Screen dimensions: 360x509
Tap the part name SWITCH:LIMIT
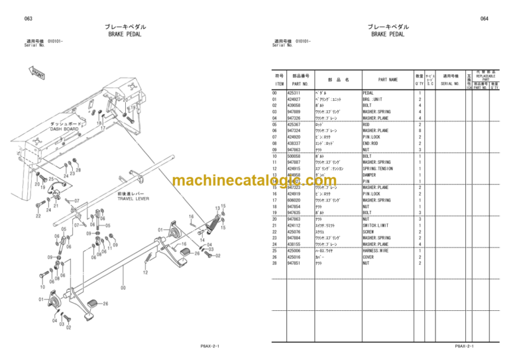[x=376, y=225]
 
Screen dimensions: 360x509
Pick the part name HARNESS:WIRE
[x=376, y=251]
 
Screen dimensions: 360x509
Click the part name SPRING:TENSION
[x=378, y=168]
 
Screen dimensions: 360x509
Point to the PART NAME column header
[x=388, y=80]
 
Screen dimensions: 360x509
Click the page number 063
[x=28, y=19]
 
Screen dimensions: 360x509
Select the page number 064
[x=484, y=19]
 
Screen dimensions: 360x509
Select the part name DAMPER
[x=371, y=175]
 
